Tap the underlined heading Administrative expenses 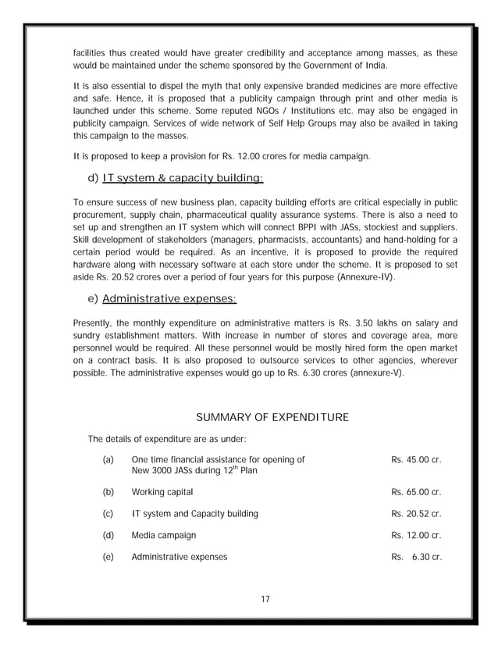[x=169, y=298]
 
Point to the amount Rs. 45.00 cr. [x=416, y=460]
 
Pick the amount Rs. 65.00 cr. [x=416, y=493]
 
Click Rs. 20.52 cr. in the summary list [x=416, y=514]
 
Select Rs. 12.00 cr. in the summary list [x=416, y=536]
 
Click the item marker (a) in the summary [x=108, y=460]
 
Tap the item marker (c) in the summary [x=108, y=514]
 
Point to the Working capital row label [x=162, y=493]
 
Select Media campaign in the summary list [x=164, y=536]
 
